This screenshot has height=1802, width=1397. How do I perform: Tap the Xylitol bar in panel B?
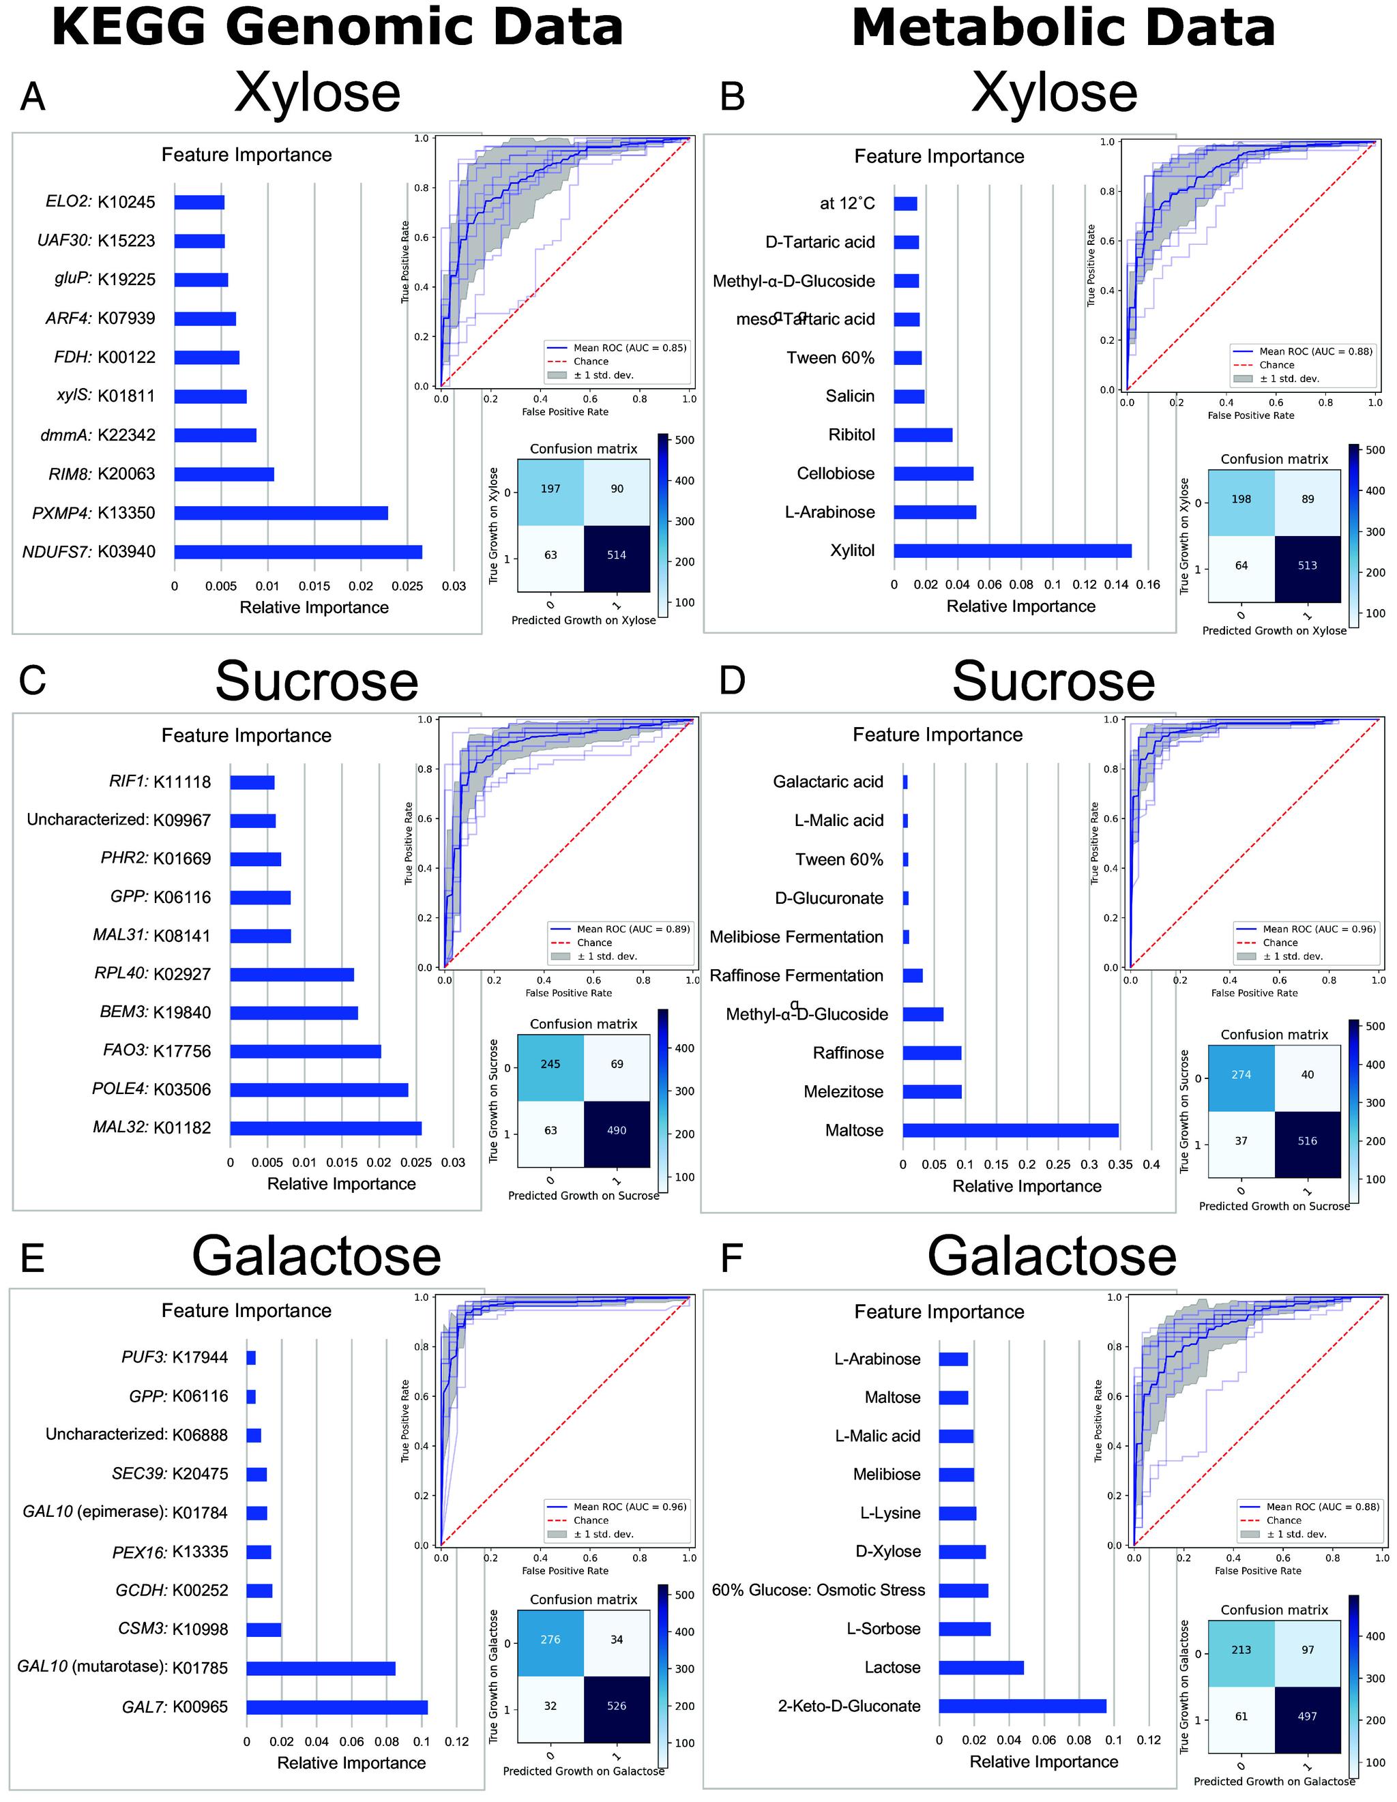point(1012,550)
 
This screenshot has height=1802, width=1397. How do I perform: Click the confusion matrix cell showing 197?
point(550,488)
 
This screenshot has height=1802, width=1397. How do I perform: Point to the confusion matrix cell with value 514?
point(617,555)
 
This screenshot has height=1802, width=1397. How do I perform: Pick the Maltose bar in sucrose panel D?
point(1010,1130)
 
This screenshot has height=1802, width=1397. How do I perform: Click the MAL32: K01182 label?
point(152,1127)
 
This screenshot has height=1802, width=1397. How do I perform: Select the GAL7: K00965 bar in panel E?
point(337,1707)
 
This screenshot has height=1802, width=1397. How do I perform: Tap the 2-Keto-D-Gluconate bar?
point(1022,1705)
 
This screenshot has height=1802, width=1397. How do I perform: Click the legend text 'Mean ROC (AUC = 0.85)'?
point(630,347)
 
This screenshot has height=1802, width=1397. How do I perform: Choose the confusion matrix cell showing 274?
point(1241,1074)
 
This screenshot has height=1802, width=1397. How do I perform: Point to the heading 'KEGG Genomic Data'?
point(337,27)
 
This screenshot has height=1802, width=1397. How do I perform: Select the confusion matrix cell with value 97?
point(1307,1649)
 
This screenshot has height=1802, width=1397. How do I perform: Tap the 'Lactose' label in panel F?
point(892,1668)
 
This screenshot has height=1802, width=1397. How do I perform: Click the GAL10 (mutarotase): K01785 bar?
point(320,1668)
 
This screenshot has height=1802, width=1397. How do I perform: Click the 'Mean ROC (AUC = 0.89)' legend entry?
point(633,928)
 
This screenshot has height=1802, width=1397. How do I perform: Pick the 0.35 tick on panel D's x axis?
point(1120,1165)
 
